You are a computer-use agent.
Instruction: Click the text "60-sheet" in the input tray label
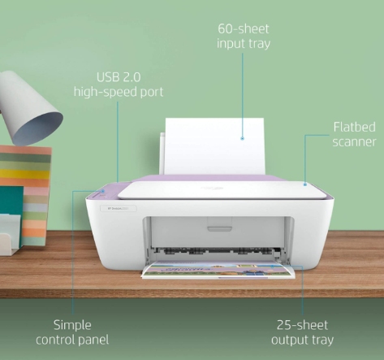point(244,29)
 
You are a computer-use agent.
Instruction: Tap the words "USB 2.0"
point(119,77)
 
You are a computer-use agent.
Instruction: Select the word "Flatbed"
point(354,127)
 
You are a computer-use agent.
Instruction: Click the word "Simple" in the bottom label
point(72,325)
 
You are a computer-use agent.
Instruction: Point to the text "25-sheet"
point(302,325)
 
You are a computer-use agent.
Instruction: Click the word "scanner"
point(354,141)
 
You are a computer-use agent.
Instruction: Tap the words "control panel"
point(72,340)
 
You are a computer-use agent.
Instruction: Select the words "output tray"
point(302,340)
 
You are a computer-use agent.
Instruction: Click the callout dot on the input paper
point(243,138)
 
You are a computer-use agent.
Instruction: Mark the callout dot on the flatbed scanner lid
point(305,184)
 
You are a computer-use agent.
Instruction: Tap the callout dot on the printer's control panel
point(103,191)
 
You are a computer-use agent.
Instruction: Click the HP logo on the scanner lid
point(212,188)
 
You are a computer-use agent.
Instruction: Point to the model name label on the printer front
point(119,209)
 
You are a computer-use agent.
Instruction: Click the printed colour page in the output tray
point(218,270)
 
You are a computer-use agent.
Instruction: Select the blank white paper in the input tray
point(214,146)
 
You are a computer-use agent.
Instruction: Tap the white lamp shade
point(29,108)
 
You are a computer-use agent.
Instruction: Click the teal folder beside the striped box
point(11,201)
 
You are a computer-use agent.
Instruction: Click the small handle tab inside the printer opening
point(219,228)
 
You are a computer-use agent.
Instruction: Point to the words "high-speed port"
point(119,92)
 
